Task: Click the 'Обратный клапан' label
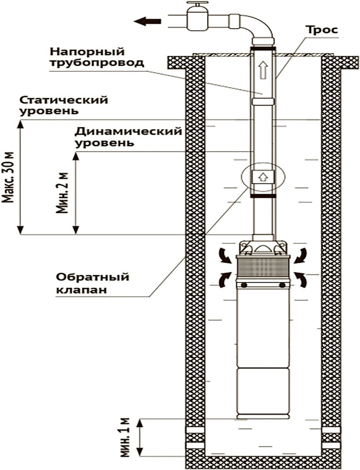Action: click(93, 283)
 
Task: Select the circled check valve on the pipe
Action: click(262, 177)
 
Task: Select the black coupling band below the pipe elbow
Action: click(262, 47)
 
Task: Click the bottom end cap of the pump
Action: click(262, 416)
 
